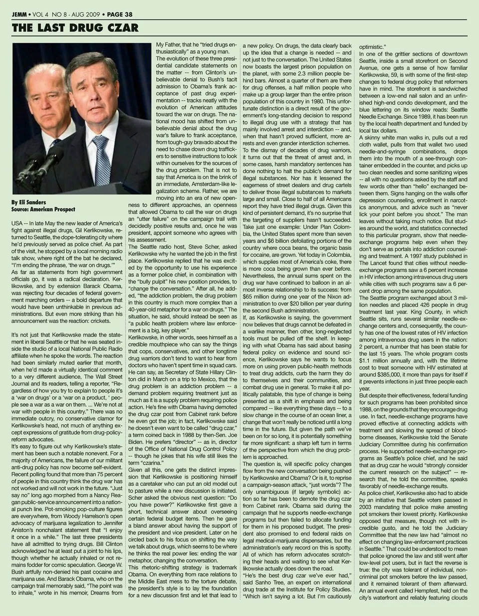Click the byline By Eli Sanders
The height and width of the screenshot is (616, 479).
pos(28,203)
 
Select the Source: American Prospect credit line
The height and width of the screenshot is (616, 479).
pos(42,210)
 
